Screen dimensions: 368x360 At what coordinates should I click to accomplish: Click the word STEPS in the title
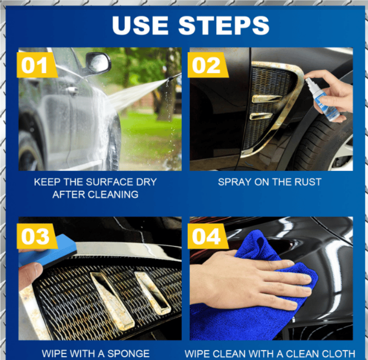click(x=224, y=26)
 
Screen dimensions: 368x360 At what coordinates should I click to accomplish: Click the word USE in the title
click(x=140, y=26)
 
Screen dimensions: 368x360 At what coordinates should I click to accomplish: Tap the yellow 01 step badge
click(x=37, y=65)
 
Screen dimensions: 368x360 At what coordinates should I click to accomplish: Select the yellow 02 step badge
click(x=208, y=65)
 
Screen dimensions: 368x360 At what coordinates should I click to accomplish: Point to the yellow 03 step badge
click(x=37, y=236)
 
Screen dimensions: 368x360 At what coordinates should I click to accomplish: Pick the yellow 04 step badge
click(x=208, y=236)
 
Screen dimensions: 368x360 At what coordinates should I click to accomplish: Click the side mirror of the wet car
click(x=99, y=63)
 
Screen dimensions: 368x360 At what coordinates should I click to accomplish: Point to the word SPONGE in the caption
click(x=128, y=354)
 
